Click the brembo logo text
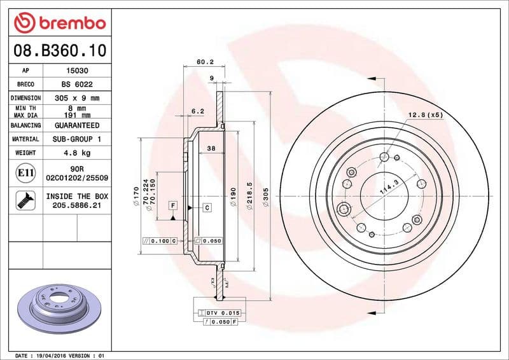(69, 24)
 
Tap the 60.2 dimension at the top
(204, 62)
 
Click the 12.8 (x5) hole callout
(424, 115)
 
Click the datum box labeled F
(172, 205)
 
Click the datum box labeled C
(207, 208)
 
